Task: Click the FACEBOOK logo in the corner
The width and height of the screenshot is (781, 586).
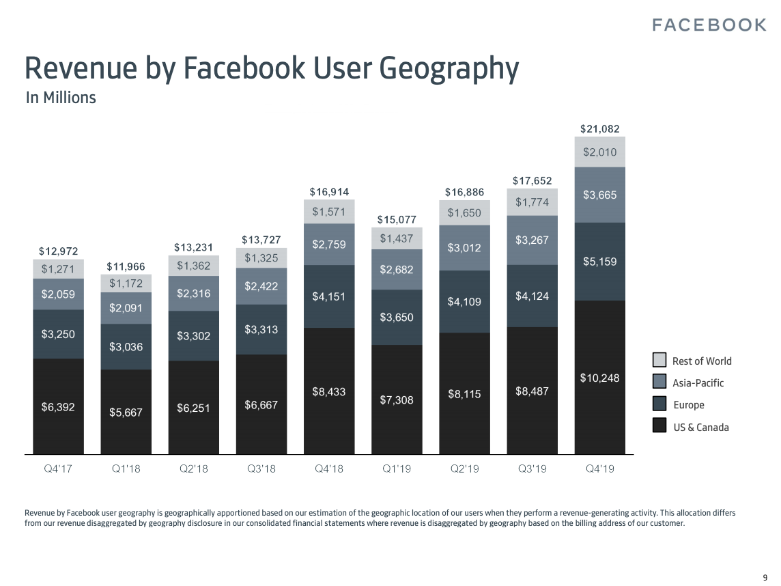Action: [x=709, y=25]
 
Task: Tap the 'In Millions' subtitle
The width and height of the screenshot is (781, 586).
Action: [x=61, y=98]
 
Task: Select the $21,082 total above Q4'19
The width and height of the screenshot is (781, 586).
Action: [x=600, y=128]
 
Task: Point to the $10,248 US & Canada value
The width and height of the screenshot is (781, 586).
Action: [x=600, y=378]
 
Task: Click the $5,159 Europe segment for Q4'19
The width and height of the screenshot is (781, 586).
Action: [x=600, y=262]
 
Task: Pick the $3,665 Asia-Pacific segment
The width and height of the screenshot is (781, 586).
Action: [x=600, y=195]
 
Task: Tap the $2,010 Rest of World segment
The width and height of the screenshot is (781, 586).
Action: [x=600, y=152]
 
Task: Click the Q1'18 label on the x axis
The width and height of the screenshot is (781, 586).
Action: [x=126, y=469]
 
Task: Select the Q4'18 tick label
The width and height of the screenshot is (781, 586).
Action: [x=329, y=469]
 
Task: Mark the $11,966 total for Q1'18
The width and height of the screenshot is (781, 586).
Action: [x=126, y=266]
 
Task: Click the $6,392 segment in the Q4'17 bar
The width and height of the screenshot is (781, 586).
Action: [x=58, y=407]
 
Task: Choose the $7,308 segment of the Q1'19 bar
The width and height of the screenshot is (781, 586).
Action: [x=397, y=400]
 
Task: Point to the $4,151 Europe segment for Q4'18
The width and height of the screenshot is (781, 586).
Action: [x=329, y=296]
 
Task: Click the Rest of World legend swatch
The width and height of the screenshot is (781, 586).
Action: [x=659, y=360]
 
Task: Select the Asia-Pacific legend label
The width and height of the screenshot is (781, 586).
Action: [x=698, y=383]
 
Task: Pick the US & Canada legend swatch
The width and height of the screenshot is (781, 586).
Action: [x=659, y=426]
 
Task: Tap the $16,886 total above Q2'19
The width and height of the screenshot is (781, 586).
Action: [x=464, y=192]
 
